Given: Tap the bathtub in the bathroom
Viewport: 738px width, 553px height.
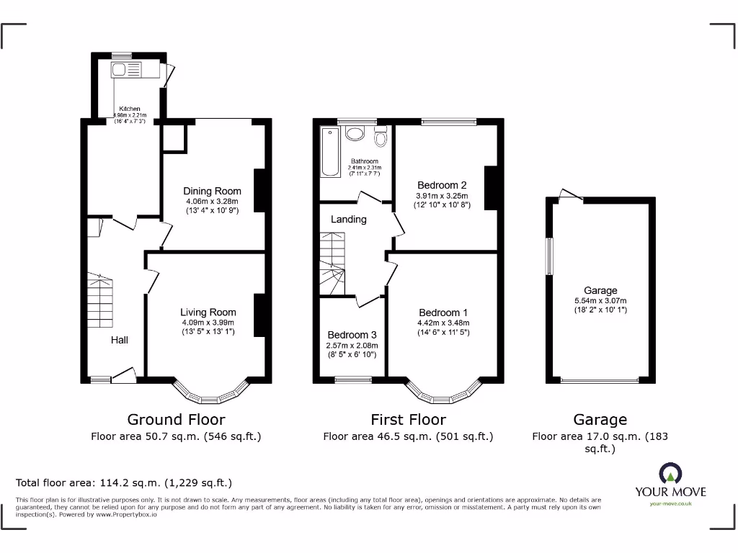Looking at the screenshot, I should [330, 152].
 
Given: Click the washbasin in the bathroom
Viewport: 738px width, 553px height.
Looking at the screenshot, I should [355, 133].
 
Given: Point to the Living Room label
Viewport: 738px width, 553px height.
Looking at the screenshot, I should [208, 313].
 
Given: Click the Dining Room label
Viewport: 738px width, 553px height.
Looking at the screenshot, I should [212, 191].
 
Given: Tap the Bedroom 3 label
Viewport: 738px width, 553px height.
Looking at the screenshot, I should [352, 335].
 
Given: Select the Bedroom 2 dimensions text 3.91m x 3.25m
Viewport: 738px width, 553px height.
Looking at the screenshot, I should [442, 196].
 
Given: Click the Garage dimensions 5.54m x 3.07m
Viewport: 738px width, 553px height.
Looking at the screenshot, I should [600, 301].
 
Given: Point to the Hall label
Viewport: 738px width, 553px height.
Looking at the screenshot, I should [120, 340].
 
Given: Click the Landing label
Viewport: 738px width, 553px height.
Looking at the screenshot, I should [349, 219].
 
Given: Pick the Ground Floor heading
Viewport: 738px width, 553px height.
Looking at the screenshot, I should [176, 420].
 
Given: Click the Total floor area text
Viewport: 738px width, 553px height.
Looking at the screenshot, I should [124, 483].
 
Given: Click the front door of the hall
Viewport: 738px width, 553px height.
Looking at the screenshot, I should [124, 374].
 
